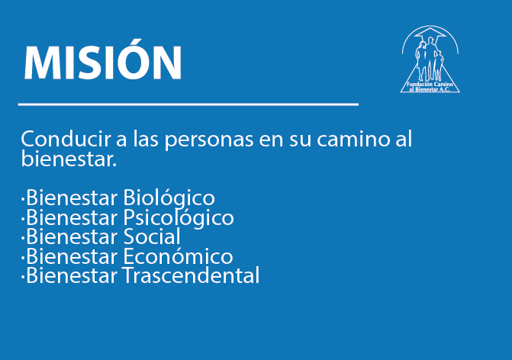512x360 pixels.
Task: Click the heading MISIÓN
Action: coord(103,60)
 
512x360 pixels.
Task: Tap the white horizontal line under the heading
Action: coord(188,104)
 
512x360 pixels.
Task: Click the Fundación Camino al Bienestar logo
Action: coord(430,59)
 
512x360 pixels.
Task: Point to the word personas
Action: coord(209,140)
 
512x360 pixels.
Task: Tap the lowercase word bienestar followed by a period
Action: coord(69,159)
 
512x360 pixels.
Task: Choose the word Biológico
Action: coord(169,198)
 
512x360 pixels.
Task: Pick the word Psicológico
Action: coord(179,218)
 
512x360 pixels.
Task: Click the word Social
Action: coord(152,236)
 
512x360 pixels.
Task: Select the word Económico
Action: coord(178,256)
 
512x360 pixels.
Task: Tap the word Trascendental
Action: coord(191,275)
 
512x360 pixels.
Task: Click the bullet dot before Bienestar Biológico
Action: coord(23,198)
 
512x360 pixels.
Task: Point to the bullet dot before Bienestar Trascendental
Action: coord(23,277)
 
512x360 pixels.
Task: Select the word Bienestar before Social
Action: coord(72,236)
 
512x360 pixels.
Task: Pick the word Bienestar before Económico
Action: coord(72,256)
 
